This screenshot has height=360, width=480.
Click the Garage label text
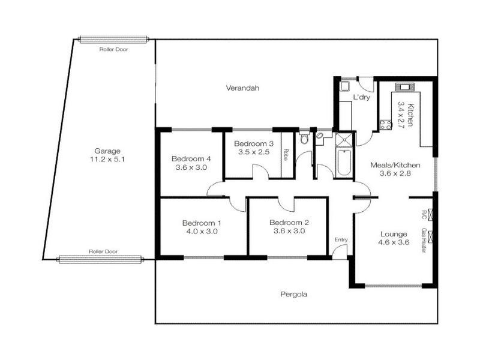click(108, 151)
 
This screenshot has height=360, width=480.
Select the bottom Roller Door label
click(101, 252)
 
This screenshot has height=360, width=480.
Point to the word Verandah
click(242, 88)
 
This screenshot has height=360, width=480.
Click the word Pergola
click(294, 295)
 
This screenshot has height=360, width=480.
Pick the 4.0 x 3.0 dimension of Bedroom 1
click(202, 232)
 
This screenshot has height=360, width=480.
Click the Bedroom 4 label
click(191, 158)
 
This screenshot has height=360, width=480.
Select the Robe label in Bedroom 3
click(287, 154)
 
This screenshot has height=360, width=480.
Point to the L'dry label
click(361, 97)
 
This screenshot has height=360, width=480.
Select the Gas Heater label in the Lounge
click(423, 240)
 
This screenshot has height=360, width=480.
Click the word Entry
click(341, 240)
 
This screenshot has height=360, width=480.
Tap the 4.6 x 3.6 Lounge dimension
click(393, 243)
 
